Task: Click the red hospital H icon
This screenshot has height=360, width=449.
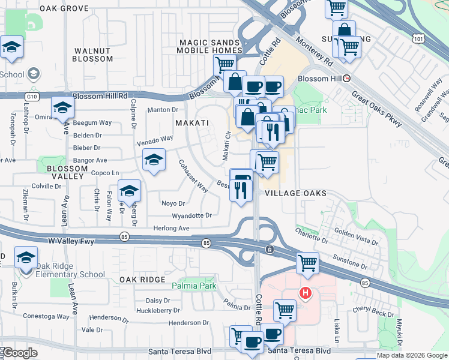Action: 306,293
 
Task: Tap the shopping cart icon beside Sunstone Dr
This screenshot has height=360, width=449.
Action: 307,262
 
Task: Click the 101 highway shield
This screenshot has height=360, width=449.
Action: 418,38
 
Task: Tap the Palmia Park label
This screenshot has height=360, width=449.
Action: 194,286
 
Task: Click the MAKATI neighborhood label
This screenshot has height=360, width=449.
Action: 191,122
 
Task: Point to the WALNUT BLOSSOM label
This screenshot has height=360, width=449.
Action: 92,55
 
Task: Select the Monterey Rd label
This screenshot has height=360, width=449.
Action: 318,53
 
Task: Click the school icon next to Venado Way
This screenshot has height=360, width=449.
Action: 154,160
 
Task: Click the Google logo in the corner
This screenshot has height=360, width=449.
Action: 19,353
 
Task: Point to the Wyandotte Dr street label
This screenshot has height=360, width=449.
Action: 191,215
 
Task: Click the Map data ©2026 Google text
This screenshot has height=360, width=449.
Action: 411,355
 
